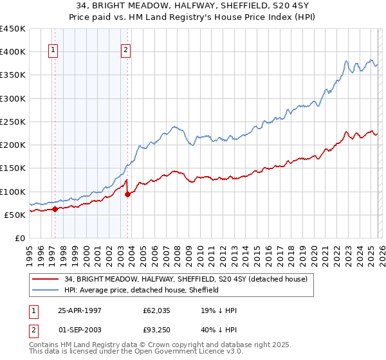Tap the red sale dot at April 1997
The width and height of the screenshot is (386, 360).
(55, 209)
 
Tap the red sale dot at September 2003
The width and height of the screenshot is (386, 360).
(127, 194)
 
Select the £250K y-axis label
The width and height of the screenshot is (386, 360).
(13, 122)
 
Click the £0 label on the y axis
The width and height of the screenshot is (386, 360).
(19, 238)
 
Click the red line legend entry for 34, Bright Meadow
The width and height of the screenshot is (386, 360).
(186, 279)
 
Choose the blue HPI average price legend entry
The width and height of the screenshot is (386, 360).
(142, 290)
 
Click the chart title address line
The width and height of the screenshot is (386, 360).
(193, 6)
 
